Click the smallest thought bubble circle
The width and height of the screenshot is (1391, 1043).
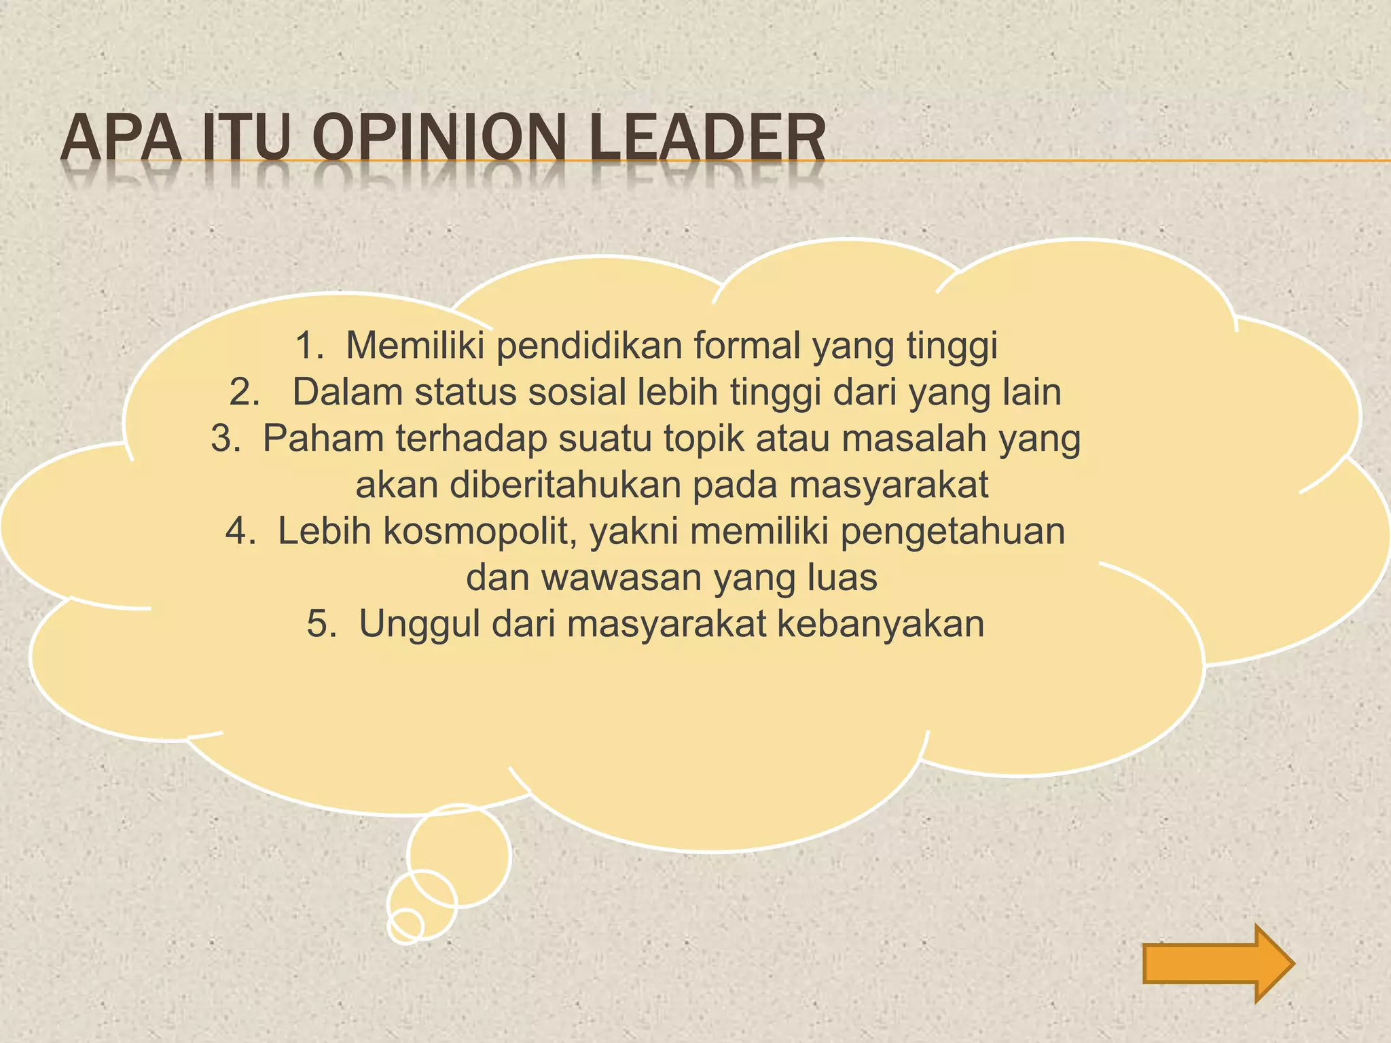coord(406,925)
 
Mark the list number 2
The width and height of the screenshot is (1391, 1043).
coord(244,392)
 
